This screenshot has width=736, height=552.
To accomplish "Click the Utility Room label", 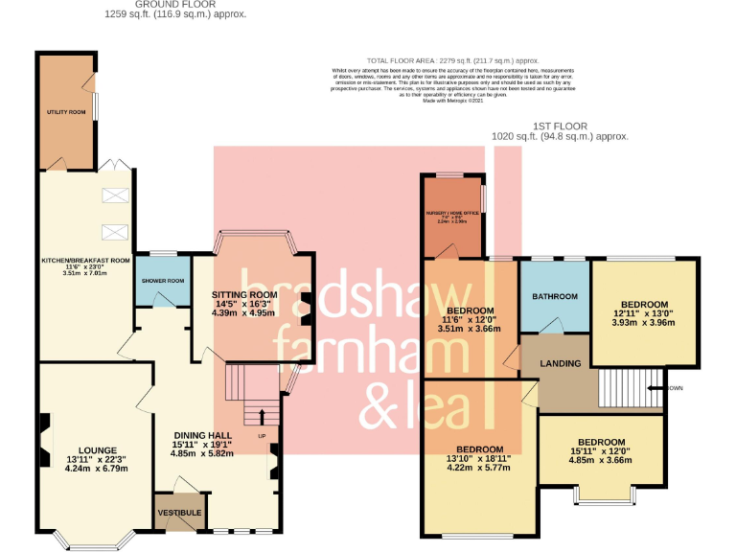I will pyautogui.click(x=66, y=112).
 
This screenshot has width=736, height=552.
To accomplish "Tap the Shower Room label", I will pyautogui.click(x=156, y=281).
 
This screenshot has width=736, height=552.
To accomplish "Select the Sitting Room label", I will pyautogui.click(x=243, y=294).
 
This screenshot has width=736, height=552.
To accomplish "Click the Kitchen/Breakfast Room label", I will pyautogui.click(x=84, y=260).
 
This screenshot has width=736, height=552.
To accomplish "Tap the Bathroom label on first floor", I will pyautogui.click(x=555, y=297).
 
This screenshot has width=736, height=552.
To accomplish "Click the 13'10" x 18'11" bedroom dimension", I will pyautogui.click(x=478, y=462).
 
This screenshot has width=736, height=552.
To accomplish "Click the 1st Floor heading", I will pyautogui.click(x=561, y=126).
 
